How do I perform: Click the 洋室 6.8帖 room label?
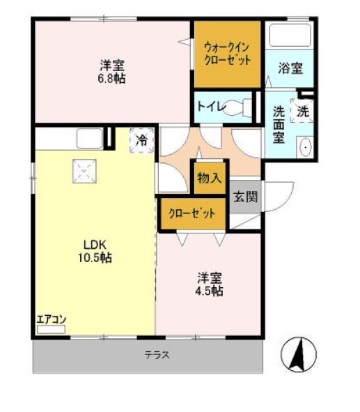point(111,72)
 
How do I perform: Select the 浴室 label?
point(290,68)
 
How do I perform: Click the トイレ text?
point(210,107)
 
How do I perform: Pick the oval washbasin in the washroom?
point(304,147)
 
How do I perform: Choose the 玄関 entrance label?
point(244,197)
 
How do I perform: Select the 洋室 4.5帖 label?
point(209,284)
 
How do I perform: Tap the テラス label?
point(157,355)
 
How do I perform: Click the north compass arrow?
point(299,353)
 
